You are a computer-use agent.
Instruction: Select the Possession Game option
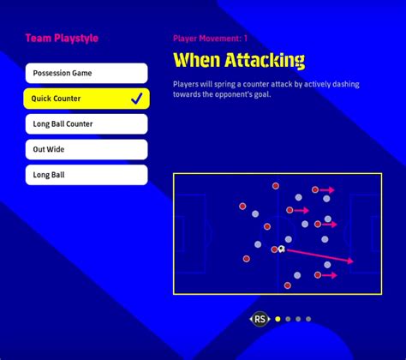[x=87, y=73]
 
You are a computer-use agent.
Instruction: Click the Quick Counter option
[x=87, y=99]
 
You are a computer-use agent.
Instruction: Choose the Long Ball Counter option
[x=87, y=124]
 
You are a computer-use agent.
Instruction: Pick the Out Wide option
[x=87, y=149]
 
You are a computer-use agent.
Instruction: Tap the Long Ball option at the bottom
[x=87, y=175]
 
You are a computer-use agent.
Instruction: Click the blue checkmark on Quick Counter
[x=137, y=99]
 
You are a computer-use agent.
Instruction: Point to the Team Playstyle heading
[x=62, y=39]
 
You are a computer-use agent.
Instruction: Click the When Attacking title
[x=239, y=60]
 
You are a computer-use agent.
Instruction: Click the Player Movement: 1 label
[x=210, y=39]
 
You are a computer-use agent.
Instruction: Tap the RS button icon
[x=260, y=319]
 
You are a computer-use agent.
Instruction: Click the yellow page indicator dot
[x=278, y=319]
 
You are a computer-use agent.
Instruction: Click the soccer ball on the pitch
[x=282, y=249]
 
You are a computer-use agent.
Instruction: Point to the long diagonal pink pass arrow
[x=319, y=255]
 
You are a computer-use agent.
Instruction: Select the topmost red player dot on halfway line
[x=276, y=186]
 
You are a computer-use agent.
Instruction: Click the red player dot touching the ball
[x=274, y=249]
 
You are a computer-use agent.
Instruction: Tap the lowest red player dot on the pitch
[x=288, y=285]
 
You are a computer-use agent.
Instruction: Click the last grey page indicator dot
[x=308, y=319]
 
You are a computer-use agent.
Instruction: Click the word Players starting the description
[x=186, y=84]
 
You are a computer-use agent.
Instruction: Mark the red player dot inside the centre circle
[x=267, y=226]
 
